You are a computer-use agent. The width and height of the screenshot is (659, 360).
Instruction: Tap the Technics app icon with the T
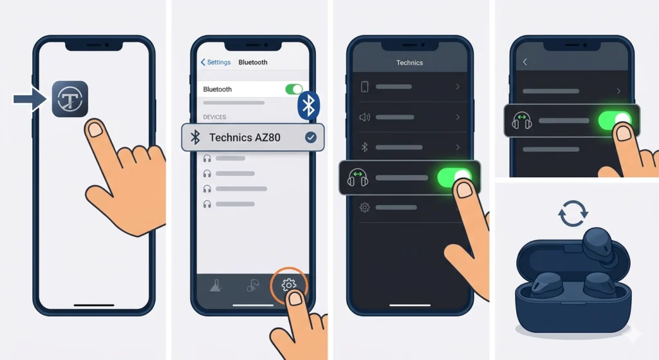[70, 99]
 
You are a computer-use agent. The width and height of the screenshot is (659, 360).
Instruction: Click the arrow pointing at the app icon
[30, 99]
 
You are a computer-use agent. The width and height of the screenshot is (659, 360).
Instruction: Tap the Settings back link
[216, 62]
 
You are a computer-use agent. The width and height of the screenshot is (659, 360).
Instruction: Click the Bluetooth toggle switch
[293, 89]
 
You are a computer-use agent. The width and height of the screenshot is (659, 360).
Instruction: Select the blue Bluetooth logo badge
[309, 105]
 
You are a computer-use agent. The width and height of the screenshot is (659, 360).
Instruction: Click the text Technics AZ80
[245, 137]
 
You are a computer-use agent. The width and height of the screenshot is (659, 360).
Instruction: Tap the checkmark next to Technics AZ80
[310, 137]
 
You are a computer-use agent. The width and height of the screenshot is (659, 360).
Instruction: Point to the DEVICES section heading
[214, 117]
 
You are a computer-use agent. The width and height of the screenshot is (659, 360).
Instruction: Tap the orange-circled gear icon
[289, 285]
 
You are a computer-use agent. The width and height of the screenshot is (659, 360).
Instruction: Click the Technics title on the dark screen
[409, 62]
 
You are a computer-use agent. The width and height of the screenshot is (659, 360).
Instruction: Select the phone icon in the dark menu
[364, 87]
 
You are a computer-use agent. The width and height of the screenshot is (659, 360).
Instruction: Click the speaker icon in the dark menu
[364, 117]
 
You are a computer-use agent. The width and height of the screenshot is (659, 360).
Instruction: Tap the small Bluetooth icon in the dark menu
[364, 147]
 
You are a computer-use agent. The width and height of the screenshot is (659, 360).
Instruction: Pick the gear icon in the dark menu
[364, 207]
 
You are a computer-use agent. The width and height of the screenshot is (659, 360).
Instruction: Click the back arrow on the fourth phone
[525, 62]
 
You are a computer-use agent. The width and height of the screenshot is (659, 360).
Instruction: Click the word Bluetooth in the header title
[253, 62]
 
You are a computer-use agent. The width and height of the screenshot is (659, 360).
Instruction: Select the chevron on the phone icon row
[458, 87]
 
